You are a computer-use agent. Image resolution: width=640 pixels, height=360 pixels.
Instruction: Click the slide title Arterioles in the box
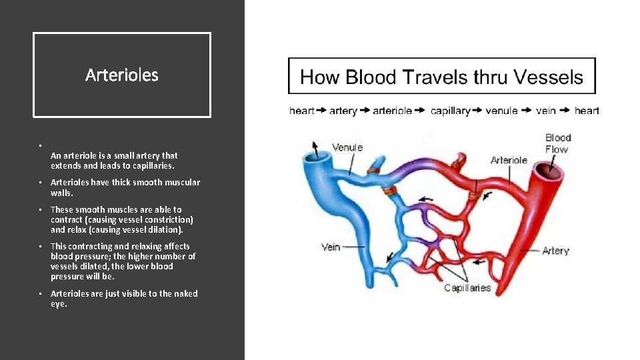122,75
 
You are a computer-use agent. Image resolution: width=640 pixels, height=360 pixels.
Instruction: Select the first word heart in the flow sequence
301,111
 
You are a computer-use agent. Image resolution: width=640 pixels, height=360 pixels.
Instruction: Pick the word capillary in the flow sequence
451,111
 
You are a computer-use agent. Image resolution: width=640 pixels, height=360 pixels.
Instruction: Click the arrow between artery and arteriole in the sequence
365,111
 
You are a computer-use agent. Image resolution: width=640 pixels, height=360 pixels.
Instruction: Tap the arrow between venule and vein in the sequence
526,111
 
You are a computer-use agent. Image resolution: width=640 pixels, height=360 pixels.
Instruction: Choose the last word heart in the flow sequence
587,111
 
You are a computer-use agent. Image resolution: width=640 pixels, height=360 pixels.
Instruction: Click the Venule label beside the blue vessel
347,147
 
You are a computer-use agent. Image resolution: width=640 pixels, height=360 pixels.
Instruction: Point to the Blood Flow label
558,143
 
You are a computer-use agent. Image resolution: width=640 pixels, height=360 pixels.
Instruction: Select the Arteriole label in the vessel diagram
509,160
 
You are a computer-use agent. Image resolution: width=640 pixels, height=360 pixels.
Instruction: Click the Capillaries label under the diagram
467,288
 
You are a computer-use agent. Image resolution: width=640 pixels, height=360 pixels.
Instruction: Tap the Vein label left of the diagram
331,247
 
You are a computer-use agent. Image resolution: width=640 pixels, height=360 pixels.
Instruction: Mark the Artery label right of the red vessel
555,251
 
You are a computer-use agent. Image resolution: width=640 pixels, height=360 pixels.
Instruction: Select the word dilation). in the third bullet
163,229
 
